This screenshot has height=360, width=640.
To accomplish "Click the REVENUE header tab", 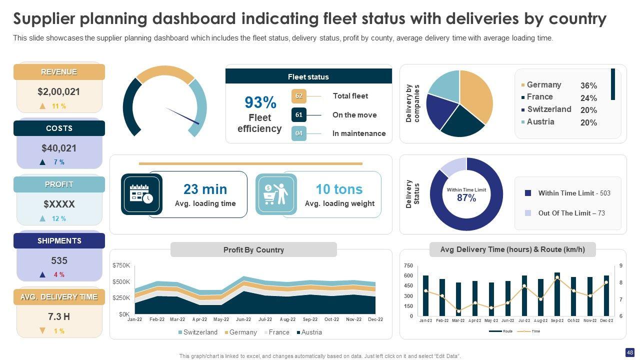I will [x=59, y=72].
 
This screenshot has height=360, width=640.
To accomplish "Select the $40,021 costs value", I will [x=59, y=148].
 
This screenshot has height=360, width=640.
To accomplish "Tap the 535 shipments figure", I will [x=59, y=260].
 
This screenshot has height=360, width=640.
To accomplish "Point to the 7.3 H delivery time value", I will [x=59, y=316].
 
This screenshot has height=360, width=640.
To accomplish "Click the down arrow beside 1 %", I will [x=42, y=331].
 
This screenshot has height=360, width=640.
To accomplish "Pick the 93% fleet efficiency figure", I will [x=260, y=102].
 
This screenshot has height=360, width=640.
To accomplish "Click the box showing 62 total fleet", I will [x=299, y=96].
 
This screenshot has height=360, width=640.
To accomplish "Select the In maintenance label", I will [x=358, y=133].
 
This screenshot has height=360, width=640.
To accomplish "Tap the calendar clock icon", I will [x=141, y=193].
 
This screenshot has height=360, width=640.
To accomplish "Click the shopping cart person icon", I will [x=276, y=194].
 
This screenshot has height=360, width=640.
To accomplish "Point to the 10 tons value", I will [x=339, y=189].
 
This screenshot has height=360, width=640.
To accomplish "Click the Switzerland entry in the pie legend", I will [x=548, y=109].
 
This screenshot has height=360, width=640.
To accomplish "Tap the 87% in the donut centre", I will [x=466, y=198].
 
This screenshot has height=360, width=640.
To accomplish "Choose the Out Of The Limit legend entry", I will [x=571, y=213].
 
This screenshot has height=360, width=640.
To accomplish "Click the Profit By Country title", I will [x=253, y=250].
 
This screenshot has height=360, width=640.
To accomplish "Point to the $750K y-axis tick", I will [x=121, y=265].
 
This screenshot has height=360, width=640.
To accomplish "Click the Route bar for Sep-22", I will [x=557, y=294].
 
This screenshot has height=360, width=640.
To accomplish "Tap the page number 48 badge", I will [x=629, y=352].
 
